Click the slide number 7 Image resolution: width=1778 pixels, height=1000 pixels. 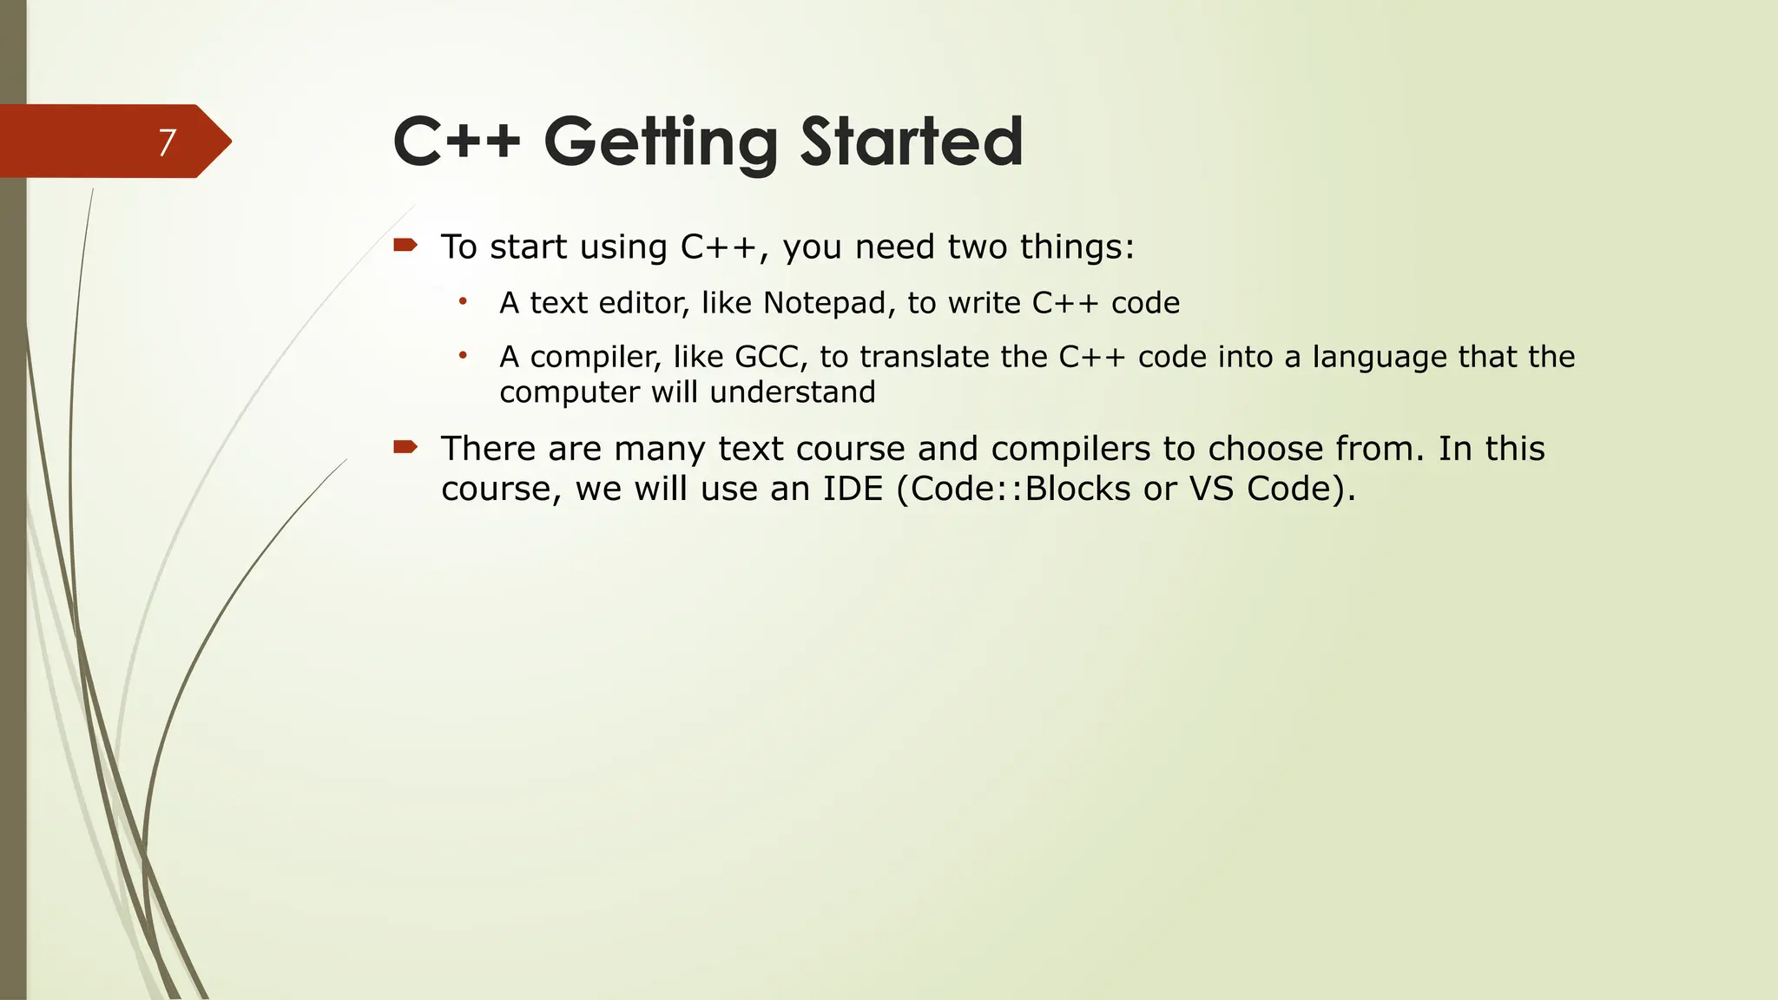click(167, 142)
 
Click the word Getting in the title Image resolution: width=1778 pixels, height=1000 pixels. click(661, 143)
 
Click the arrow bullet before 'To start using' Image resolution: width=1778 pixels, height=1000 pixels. click(405, 246)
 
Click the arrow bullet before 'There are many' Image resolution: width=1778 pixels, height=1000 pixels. click(405, 447)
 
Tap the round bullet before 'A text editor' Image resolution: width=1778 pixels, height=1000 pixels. click(464, 302)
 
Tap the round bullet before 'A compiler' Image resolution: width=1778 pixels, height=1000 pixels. click(464, 356)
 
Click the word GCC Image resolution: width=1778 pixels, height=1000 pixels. click(768, 357)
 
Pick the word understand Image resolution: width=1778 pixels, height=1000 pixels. click(793, 392)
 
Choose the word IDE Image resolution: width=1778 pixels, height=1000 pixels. click(853, 489)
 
